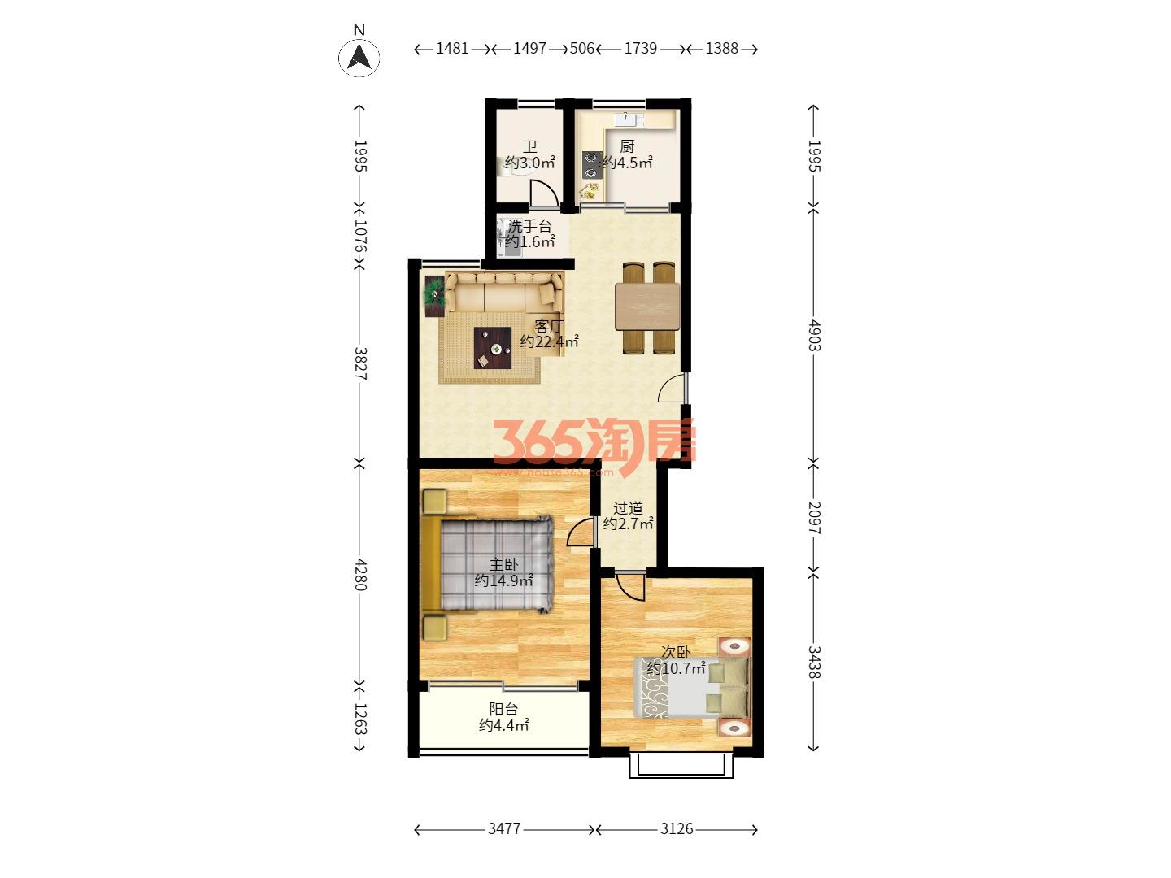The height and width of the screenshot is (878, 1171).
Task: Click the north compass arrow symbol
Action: pyautogui.click(x=359, y=57)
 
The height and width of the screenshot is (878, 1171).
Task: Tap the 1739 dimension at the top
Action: pyautogui.click(x=640, y=49)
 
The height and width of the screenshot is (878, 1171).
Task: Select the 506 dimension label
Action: pyautogui.click(x=581, y=49)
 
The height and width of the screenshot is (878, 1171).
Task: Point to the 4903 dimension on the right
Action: pyautogui.click(x=813, y=335)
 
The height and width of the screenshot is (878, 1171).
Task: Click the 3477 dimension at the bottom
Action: pyautogui.click(x=504, y=828)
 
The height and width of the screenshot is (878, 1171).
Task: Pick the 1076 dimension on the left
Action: pyautogui.click(x=360, y=236)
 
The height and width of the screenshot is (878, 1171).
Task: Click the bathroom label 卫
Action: pyautogui.click(x=529, y=146)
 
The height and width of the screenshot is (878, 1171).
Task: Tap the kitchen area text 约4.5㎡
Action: pyautogui.click(x=627, y=163)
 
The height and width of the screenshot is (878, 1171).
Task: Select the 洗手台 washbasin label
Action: pyautogui.click(x=529, y=226)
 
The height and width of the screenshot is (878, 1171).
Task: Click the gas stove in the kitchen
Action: pyautogui.click(x=592, y=165)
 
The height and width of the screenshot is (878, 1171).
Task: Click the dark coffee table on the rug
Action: pyautogui.click(x=493, y=348)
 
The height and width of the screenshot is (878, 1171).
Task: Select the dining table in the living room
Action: pyautogui.click(x=647, y=307)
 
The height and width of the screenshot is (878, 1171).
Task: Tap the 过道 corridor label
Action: pyautogui.click(x=628, y=508)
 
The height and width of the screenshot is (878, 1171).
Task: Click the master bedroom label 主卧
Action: pyautogui.click(x=503, y=564)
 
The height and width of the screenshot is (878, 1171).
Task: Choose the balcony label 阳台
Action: pyautogui.click(x=503, y=709)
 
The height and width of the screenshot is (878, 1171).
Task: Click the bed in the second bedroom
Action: pyautogui.click(x=692, y=688)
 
